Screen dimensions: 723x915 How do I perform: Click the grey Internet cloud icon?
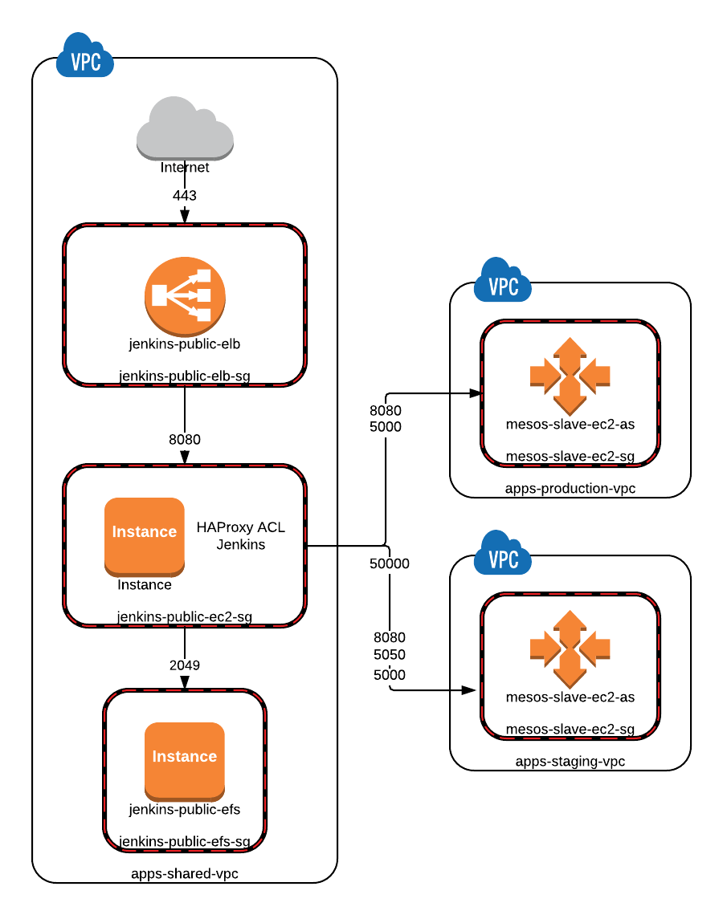[185, 128]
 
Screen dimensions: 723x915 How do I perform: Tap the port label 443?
[185, 196]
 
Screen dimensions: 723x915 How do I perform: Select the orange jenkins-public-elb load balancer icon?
[185, 296]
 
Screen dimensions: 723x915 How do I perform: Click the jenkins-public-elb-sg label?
[185, 376]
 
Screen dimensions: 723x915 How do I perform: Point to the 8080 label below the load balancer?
[185, 439]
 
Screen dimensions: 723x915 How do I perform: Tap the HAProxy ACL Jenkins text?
[241, 535]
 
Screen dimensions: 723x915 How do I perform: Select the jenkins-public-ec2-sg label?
[185, 616]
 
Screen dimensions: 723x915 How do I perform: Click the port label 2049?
[185, 665]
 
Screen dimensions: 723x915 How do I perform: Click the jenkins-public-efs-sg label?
[185, 841]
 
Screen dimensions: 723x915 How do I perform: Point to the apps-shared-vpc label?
[185, 873]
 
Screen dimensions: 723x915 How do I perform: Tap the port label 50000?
[390, 563]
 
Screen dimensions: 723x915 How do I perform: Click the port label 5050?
[390, 655]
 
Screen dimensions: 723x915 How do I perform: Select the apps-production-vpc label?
[570, 489]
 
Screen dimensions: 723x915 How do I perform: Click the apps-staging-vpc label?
[570, 762]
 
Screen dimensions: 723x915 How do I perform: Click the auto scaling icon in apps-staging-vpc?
[570, 649]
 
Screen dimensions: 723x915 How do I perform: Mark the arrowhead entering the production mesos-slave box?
[476, 393]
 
